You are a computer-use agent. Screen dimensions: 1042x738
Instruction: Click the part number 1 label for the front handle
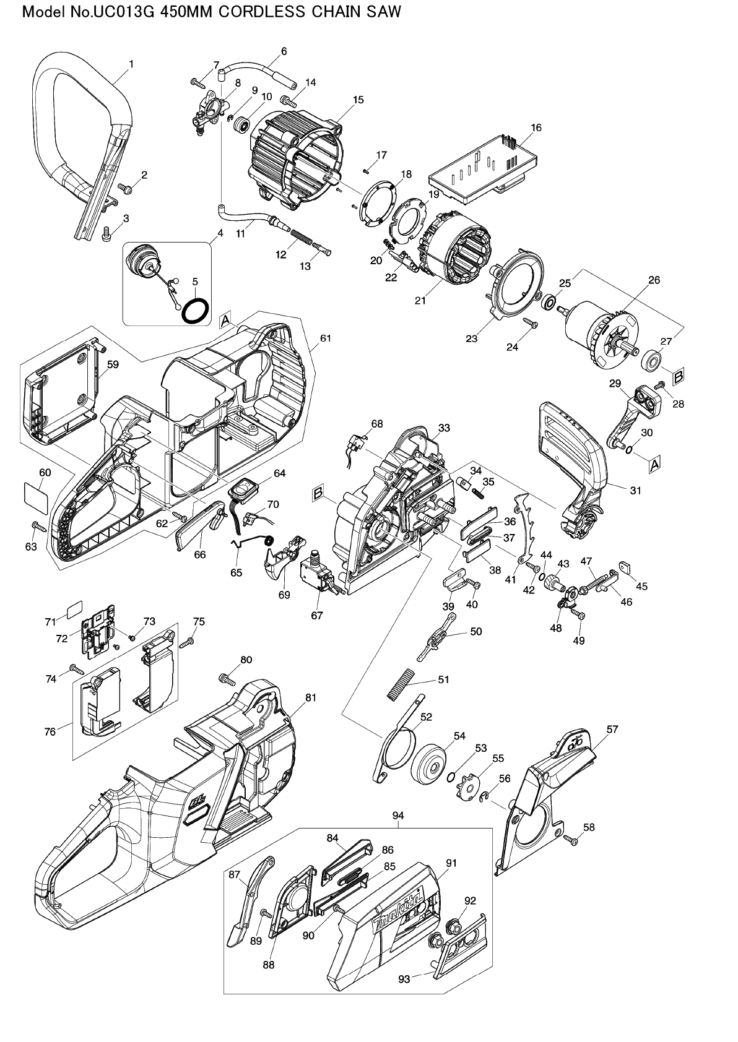131,63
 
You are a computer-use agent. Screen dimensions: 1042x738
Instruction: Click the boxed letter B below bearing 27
679,375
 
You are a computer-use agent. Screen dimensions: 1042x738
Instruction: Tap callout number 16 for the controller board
536,127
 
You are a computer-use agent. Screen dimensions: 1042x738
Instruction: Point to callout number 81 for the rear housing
311,697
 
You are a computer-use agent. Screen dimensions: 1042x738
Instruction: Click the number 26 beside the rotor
654,280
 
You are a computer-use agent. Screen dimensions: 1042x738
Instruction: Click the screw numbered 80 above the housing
227,680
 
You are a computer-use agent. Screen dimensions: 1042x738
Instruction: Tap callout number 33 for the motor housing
444,428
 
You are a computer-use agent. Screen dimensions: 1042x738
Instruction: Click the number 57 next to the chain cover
612,730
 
